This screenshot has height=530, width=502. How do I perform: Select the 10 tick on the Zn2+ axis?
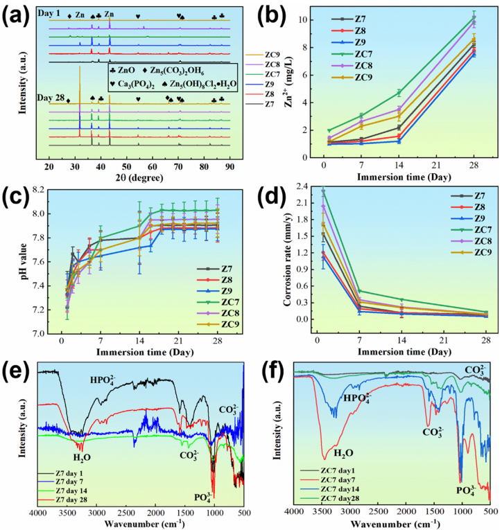[313, 20]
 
